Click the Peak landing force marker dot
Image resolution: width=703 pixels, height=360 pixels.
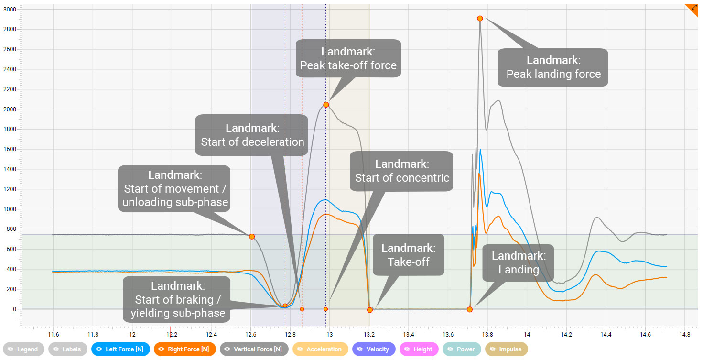tap(480, 18)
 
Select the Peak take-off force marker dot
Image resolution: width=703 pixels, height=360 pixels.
tap(326, 105)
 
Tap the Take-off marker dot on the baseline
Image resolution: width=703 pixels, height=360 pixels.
tap(369, 310)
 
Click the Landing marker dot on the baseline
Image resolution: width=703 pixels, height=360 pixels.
tap(470, 309)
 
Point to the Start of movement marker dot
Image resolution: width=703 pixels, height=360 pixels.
tap(252, 237)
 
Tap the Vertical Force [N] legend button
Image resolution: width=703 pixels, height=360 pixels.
tap(254, 349)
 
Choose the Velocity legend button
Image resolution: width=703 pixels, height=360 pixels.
tap(374, 349)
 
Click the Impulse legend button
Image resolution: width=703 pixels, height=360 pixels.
tap(507, 349)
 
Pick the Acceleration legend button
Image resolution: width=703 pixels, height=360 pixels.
tap(319, 349)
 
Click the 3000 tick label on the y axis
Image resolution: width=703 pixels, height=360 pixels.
tap(10, 10)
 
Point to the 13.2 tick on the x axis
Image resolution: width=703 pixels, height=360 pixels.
tap(369, 334)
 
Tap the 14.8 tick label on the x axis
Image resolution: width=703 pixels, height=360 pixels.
tap(684, 334)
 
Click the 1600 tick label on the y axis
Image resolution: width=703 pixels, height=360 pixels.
tap(10, 149)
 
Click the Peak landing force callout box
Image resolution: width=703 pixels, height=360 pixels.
tap(553, 67)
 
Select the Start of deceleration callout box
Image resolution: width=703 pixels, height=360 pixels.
tap(252, 135)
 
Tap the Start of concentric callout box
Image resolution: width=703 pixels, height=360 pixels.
tap(401, 171)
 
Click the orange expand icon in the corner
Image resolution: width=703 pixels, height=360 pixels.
tap(694, 8)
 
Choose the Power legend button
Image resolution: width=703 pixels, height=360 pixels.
tap(462, 349)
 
